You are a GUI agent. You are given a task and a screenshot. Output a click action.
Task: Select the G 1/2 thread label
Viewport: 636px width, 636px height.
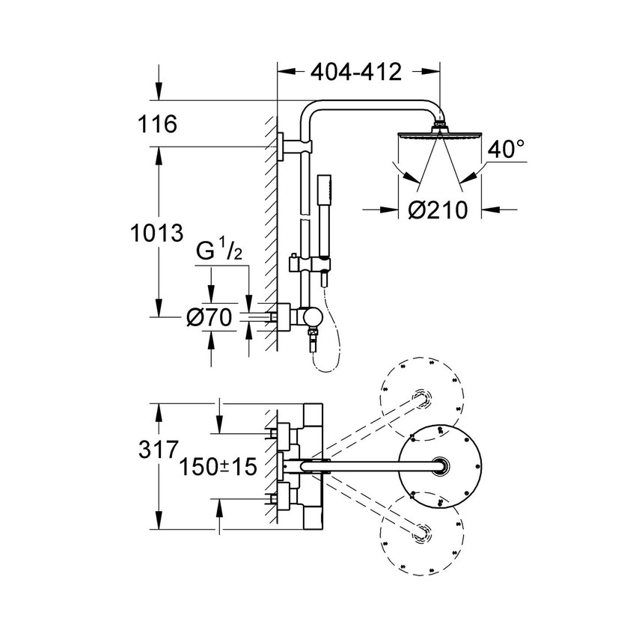pos(219,252)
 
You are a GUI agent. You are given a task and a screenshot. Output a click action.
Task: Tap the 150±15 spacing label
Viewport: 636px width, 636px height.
pos(218,468)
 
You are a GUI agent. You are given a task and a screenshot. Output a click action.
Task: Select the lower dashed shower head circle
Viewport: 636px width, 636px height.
pos(422,533)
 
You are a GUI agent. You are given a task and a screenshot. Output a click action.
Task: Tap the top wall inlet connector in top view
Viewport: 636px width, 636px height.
pos(283,432)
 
